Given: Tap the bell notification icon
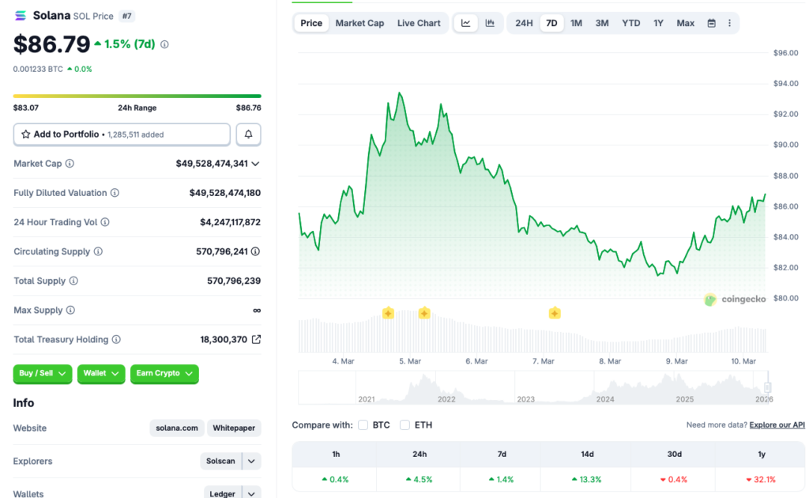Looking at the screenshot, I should point(248,134).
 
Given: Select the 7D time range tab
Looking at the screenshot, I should point(551,23).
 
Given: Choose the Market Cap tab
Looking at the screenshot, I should point(359,23).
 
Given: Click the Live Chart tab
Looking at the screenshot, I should point(419,23).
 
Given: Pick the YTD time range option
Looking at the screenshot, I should point(630,23).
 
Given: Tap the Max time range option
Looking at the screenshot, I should point(685,23).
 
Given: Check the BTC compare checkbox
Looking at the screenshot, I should point(363,425).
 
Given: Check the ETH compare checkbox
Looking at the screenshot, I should point(404,425).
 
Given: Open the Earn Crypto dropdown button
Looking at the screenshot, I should point(164,373).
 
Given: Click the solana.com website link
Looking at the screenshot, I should point(177,428).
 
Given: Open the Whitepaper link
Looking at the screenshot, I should point(234,428).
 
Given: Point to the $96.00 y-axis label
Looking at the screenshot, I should point(785,53).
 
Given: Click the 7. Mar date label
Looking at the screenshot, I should point(543,361).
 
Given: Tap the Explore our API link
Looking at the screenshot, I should point(777,425).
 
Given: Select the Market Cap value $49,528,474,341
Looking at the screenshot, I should point(212,164).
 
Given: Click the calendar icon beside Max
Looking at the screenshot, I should point(711,23).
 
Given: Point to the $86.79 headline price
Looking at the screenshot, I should point(51,43).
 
